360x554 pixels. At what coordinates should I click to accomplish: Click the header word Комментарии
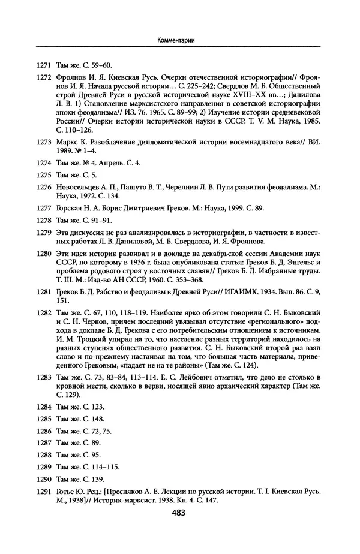coord(179,40)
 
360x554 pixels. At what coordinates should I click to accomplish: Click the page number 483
coord(179,513)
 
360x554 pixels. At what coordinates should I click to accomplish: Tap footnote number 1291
coord(44,491)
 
